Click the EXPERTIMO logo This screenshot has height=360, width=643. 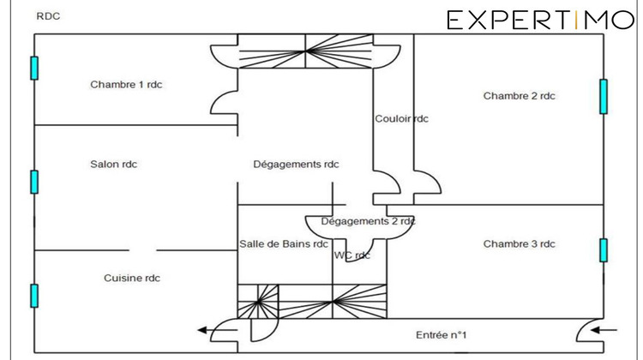pos(539,20)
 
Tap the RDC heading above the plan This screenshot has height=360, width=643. pos(48,16)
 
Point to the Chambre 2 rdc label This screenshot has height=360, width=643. pos(519,96)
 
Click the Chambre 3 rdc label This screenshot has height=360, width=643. pos(519,244)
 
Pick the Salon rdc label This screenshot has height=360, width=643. pos(113,165)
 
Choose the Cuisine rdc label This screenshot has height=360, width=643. pos(132,278)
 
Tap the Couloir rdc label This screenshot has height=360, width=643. pos(401,119)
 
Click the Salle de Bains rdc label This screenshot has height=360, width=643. pos(284,244)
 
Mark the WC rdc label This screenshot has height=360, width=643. pos(352,255)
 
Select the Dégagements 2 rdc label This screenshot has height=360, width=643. pos(368,221)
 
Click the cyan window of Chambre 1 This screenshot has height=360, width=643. pos(34,68)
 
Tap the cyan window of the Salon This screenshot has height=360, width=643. pos(34,182)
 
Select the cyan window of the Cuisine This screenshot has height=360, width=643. pos(34,295)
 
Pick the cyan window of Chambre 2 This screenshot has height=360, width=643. pos(604,96)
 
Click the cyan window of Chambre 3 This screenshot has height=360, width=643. pos(604,249)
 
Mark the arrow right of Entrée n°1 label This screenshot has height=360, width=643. pos(604,328)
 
